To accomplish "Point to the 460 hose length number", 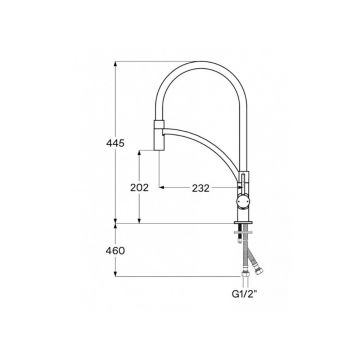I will click(115, 250).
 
